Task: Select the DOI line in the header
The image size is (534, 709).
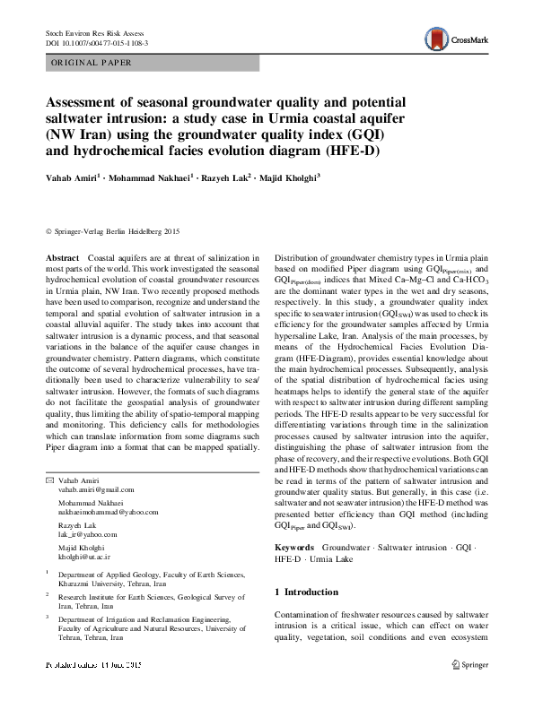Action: [96, 42]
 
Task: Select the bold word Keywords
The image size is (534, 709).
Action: [293, 546]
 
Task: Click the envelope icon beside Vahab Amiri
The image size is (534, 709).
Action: [50, 480]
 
